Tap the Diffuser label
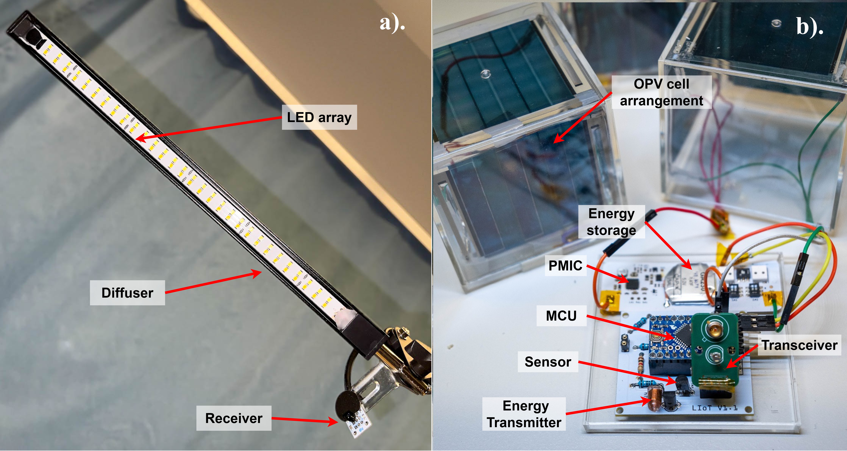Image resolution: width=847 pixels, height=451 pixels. point(127,293)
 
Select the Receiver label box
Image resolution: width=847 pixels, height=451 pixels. point(234,418)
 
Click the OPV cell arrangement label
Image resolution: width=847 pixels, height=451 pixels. point(662,92)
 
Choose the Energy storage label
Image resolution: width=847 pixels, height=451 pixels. point(611,222)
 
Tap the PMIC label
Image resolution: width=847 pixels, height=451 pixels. point(565,265)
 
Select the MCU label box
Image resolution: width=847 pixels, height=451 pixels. point(561,316)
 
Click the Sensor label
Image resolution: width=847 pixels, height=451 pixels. point(548,362)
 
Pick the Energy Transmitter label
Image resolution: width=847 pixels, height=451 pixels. point(524,414)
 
